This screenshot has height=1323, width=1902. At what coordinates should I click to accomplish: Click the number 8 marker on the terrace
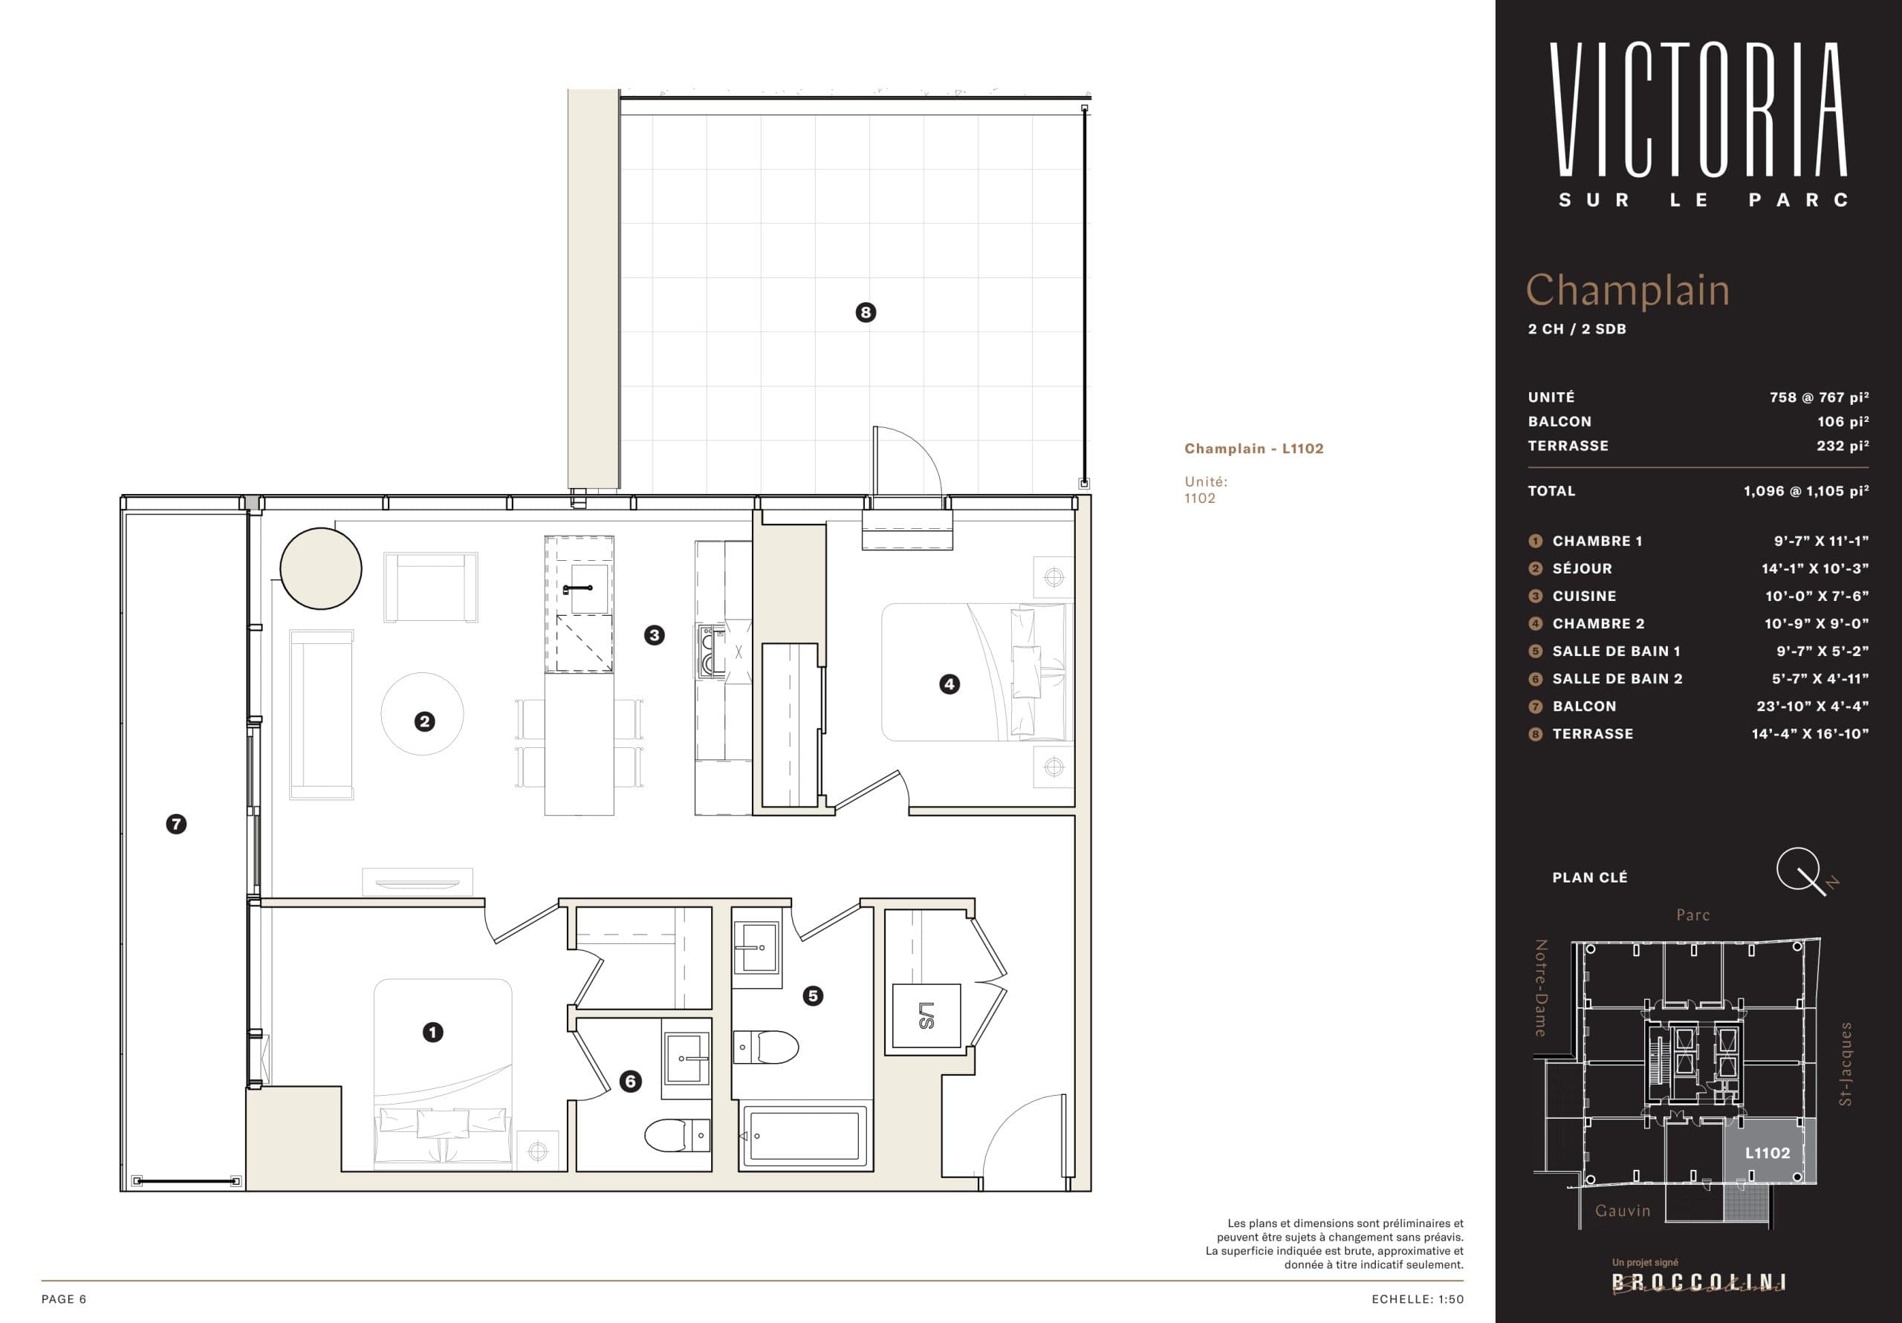[866, 312]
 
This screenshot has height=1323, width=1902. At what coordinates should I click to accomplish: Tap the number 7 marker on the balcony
[175, 825]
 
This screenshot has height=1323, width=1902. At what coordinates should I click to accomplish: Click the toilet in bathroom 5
[766, 1047]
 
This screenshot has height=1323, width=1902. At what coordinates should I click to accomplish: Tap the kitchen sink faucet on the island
[577, 588]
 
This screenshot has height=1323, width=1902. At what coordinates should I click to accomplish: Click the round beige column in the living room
[320, 569]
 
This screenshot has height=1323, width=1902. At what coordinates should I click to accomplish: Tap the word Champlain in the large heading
[1627, 290]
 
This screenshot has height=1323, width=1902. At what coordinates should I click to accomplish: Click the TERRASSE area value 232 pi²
[1843, 446]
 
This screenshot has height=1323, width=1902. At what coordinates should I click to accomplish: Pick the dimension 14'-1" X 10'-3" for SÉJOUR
[1815, 568]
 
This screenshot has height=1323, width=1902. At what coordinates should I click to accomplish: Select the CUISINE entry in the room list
[1584, 596]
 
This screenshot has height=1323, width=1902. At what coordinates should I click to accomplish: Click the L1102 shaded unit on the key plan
[1768, 1152]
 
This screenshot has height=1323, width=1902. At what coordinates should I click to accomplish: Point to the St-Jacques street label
[1845, 1064]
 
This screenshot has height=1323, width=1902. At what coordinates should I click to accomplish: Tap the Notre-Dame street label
[1541, 987]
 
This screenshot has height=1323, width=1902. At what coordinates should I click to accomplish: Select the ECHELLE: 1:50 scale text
[1418, 1299]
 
